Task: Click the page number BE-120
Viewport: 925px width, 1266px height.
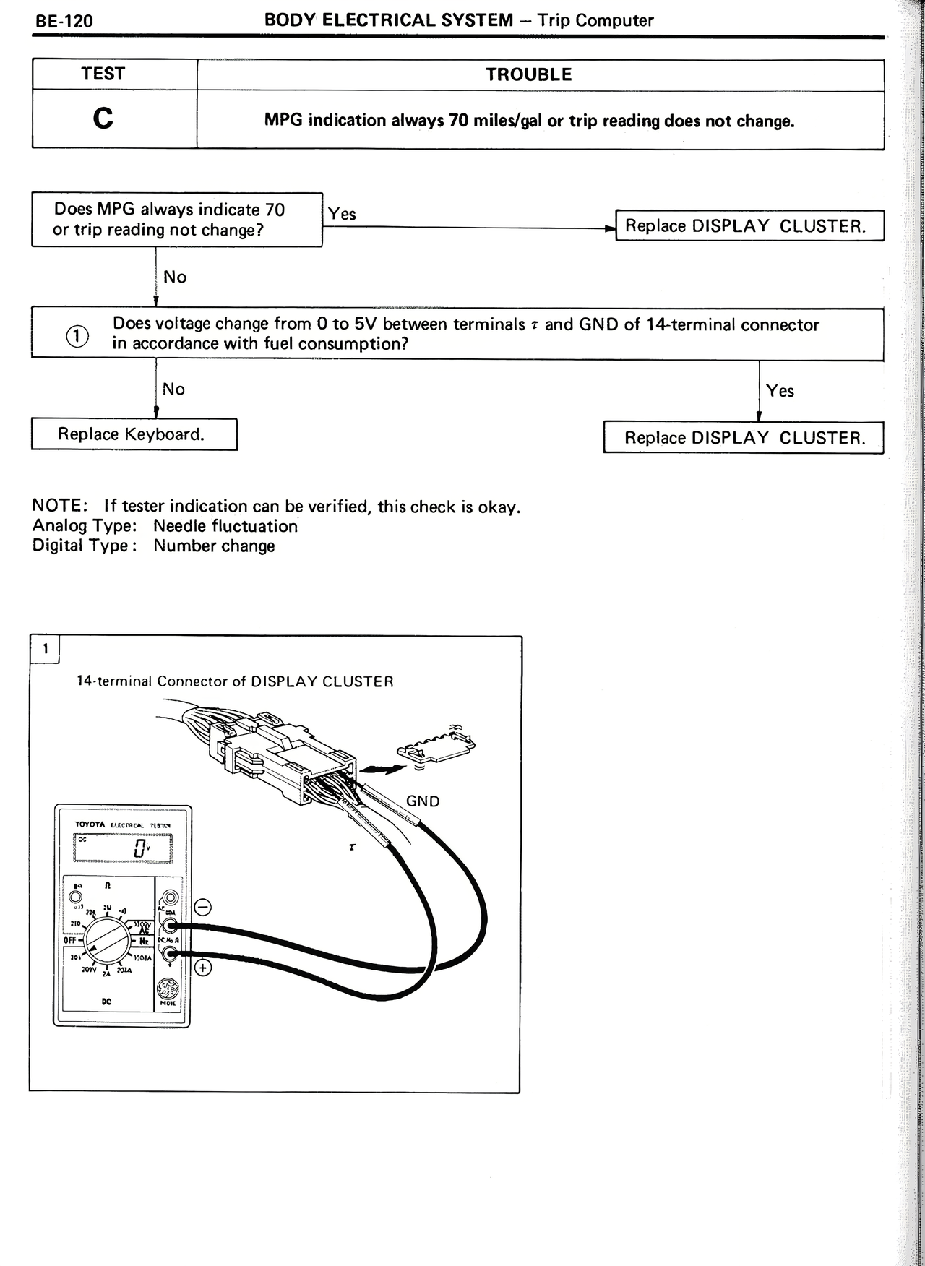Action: [64, 21]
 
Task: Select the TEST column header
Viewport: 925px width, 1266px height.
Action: [103, 74]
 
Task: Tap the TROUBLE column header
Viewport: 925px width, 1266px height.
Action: [528, 74]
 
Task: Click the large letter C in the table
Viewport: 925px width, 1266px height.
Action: [103, 118]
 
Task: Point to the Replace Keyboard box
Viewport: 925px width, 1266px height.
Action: [134, 434]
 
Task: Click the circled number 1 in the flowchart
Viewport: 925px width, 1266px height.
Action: [77, 336]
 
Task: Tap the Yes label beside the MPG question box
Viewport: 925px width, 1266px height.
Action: [342, 214]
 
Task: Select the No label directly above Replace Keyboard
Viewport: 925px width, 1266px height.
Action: [173, 389]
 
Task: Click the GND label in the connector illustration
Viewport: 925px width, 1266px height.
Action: [423, 801]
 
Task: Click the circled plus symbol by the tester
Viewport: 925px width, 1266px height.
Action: [203, 967]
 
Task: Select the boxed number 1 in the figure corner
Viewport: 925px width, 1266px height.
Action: [45, 648]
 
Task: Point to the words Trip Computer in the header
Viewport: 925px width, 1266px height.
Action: [595, 20]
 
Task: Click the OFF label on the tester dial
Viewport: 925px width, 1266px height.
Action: [70, 940]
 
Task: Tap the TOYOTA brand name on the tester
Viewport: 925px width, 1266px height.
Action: [90, 824]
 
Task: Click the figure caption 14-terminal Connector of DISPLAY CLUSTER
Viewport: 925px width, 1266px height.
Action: [236, 681]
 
